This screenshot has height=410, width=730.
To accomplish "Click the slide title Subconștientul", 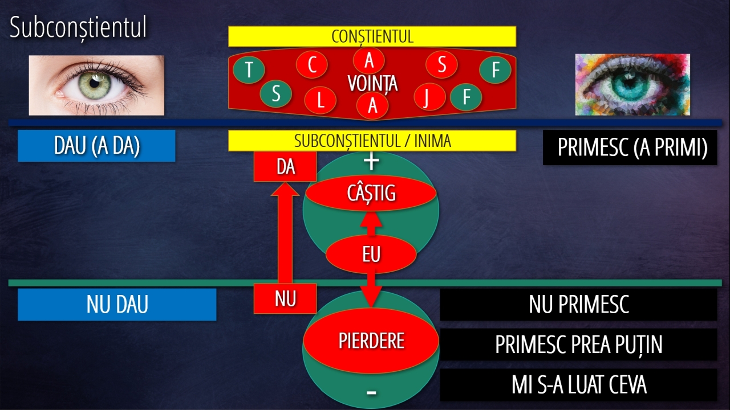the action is (x=78, y=28).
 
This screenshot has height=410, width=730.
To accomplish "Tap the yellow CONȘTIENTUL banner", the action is (x=372, y=36).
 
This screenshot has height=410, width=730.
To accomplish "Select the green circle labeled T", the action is (x=249, y=69).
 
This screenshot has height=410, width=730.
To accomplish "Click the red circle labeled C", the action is (x=312, y=64).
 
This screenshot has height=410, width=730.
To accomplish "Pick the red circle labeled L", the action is (x=321, y=100).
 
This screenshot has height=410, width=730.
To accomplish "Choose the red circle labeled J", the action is (x=429, y=97).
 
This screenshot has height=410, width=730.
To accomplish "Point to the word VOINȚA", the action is (x=372, y=83).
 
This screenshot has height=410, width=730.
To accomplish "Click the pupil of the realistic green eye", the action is (x=95, y=83).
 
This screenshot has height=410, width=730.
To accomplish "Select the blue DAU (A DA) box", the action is (x=96, y=146).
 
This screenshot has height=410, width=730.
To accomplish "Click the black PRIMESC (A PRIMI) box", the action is (x=630, y=147).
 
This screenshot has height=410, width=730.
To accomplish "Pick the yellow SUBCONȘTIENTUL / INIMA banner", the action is (x=372, y=141).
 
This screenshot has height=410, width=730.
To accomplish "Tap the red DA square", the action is (x=285, y=167).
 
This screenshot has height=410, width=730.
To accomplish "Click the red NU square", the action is (x=285, y=298).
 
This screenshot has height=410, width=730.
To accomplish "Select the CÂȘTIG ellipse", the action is (x=371, y=193).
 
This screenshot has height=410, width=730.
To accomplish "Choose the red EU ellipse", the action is (x=371, y=254).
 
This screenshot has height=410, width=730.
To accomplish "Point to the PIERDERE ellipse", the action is (x=371, y=341).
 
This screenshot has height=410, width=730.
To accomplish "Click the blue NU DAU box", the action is (x=117, y=305).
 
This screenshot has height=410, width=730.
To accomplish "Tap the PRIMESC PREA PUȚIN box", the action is (x=578, y=345).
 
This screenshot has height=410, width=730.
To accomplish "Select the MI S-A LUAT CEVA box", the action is (x=578, y=384).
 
